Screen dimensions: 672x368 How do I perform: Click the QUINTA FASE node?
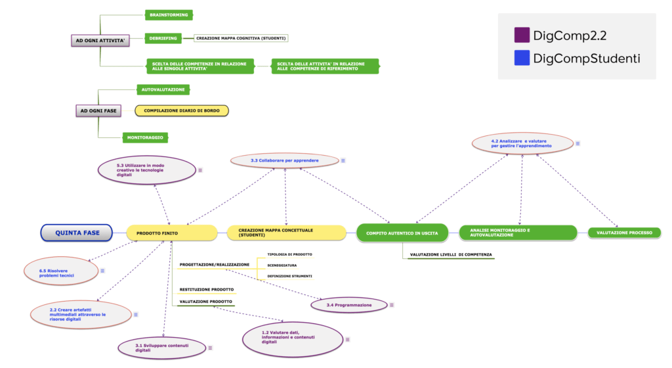coord(77,233)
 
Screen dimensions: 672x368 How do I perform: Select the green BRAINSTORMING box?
coord(169,15)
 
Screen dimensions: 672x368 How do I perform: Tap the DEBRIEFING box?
coord(163,38)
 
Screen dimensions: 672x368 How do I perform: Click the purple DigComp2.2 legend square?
coord(522,35)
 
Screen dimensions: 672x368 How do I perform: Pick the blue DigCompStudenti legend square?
coord(522,58)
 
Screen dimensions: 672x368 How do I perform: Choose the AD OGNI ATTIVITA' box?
coord(100,41)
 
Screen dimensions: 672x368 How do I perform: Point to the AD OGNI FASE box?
coord(98,110)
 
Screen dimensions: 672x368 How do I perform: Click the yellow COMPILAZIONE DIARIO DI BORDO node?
coord(182,110)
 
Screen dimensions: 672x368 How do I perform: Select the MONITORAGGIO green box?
coord(145,138)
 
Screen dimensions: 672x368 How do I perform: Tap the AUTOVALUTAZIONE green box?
coord(163,89)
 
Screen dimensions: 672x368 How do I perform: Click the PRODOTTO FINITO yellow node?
coord(172,233)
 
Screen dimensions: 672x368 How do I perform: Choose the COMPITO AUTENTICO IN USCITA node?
coord(402,233)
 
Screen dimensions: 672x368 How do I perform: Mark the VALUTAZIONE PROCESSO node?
coord(624,233)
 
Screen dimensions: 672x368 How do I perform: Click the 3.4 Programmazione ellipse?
coord(349,305)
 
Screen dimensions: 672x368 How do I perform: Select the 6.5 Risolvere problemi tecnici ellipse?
coord(61,271)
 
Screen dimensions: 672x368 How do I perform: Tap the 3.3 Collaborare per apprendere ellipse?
coord(285,160)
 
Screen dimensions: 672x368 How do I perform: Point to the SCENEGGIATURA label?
coord(282,265)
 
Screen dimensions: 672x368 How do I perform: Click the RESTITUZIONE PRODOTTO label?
coord(207,290)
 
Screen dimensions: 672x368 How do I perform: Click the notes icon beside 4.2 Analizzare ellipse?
coord(577,144)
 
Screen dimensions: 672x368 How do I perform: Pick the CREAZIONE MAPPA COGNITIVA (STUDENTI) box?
coord(241,38)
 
